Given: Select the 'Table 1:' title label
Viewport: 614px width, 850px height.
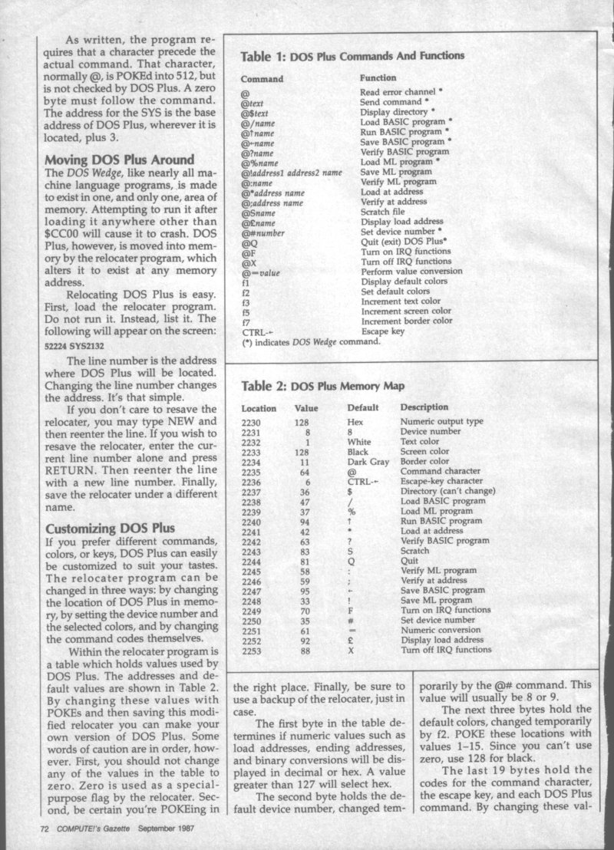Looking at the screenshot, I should [263, 56].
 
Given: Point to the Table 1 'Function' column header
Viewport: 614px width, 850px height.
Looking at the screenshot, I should [378, 78].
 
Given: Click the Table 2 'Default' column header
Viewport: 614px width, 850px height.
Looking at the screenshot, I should [365, 408].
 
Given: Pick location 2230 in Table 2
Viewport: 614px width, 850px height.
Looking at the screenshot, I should [253, 421].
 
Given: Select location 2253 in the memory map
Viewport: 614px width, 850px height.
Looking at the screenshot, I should [253, 650].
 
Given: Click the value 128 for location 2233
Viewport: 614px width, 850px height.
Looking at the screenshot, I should [302, 451].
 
